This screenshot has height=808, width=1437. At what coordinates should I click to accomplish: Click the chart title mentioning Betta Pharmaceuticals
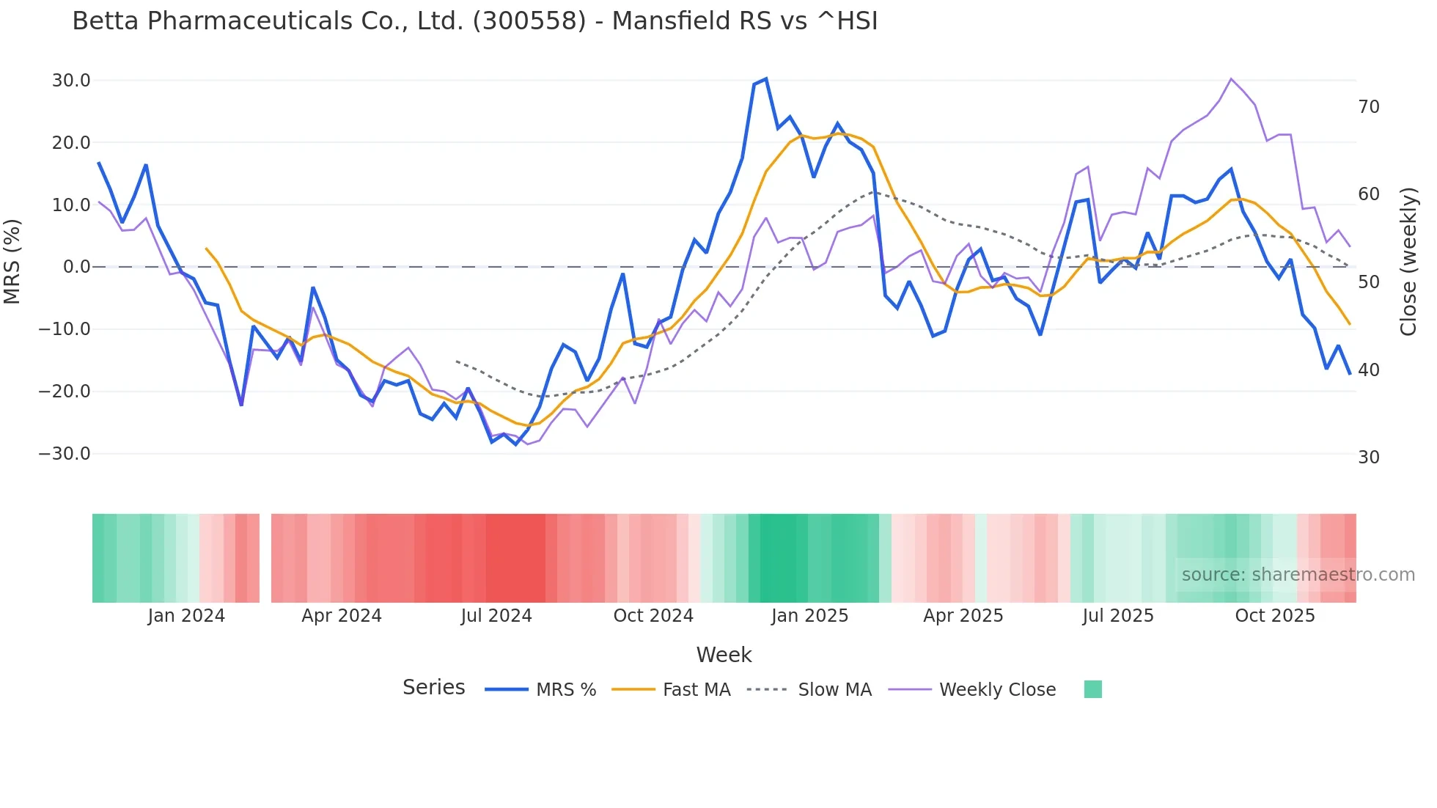474,21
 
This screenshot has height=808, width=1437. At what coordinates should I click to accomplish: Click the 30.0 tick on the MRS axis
71,81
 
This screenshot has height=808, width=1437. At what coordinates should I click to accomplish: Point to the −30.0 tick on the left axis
65,454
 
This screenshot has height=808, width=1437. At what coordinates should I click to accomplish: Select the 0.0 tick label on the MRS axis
77,267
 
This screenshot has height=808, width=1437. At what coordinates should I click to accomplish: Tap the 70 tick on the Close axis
1369,107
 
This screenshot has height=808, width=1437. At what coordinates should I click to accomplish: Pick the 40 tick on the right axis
1369,370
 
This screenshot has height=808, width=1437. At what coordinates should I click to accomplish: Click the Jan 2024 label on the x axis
186,616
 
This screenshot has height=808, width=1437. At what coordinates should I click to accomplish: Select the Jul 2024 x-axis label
496,616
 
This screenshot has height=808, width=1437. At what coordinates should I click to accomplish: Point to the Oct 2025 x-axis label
1275,616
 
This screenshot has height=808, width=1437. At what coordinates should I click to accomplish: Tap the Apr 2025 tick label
963,616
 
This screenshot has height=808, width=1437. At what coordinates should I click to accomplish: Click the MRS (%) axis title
12,262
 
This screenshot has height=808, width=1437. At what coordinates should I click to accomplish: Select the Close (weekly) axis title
1408,262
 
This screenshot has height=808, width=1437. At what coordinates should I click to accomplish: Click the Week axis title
724,655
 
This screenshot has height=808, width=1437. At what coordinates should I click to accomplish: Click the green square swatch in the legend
1092,689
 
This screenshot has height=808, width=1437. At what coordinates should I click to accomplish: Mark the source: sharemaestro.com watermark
1298,575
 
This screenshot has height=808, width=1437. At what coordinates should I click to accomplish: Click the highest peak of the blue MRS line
765,78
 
